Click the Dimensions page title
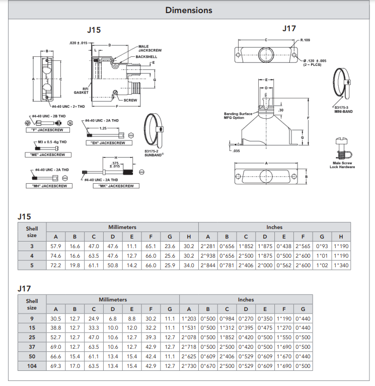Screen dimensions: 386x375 pyautogui.click(x=189, y=10)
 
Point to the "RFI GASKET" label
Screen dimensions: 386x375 pyautogui.click(x=82, y=91)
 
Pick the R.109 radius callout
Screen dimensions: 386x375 pyautogui.click(x=305, y=40)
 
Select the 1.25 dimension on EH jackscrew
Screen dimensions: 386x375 pyautogui.click(x=103, y=128)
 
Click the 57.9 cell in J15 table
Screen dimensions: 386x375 pyautogui.click(x=56, y=246)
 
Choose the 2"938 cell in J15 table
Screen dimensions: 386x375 pyautogui.click(x=208, y=256)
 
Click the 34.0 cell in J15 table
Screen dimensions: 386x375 pyautogui.click(x=189, y=265)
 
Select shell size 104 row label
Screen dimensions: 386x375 pyautogui.click(x=32, y=366)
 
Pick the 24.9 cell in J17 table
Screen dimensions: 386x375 pyautogui.click(x=94, y=319)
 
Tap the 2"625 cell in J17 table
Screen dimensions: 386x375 pyautogui.click(x=189, y=356)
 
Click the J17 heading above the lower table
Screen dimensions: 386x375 pyautogui.click(x=24, y=288)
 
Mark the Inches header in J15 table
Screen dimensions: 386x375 pyautogui.click(x=274, y=227)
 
